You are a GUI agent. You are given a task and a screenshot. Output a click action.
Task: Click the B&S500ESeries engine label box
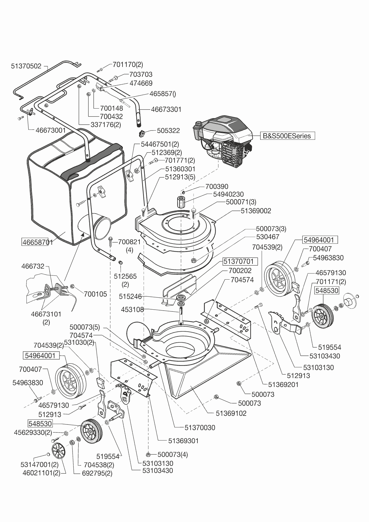(x=287, y=136)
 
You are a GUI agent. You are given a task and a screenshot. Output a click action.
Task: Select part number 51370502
(x=26, y=66)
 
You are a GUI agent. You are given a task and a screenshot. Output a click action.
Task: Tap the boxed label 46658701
(x=37, y=242)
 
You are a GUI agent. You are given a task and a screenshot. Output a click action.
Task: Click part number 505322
(x=168, y=131)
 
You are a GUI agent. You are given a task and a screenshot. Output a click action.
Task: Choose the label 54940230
(x=228, y=194)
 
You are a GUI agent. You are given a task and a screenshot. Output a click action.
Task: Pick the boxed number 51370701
(x=239, y=261)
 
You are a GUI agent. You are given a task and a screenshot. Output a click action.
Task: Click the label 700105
(x=95, y=294)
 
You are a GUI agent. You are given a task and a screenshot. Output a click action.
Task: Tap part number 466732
(x=33, y=266)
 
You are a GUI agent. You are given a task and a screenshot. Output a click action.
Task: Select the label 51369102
(x=231, y=413)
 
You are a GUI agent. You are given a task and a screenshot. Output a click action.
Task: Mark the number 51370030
(x=200, y=427)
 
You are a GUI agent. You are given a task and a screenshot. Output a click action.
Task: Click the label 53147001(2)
(x=39, y=464)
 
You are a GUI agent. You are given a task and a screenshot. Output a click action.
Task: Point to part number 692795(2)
(x=97, y=473)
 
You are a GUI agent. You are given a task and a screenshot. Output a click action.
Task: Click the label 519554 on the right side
(x=329, y=347)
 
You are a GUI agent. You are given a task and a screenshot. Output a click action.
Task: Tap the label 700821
(x=129, y=242)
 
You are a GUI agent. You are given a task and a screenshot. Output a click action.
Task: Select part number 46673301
(x=166, y=109)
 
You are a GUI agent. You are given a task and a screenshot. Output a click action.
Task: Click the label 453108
(x=132, y=310)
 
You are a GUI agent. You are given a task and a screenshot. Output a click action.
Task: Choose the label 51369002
(x=256, y=211)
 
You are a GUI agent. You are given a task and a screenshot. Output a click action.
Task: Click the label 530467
(x=268, y=237)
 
